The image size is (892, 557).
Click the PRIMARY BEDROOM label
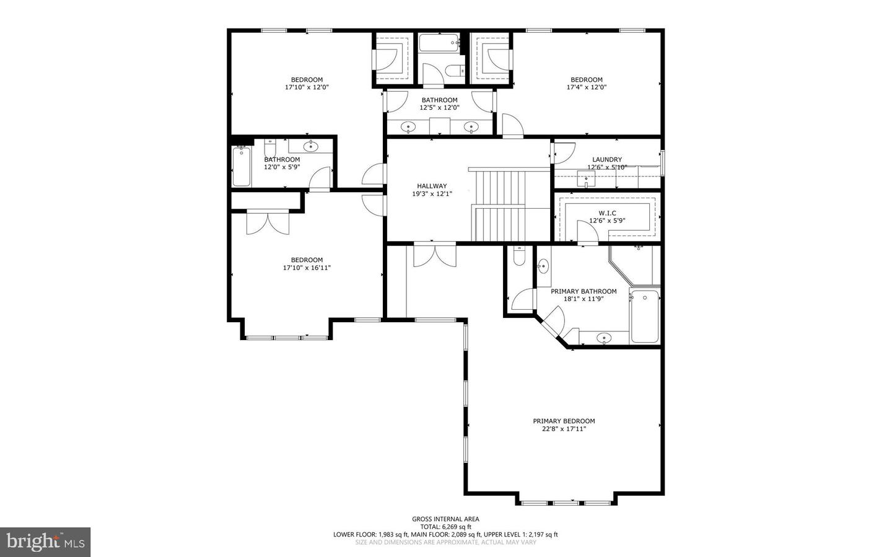564,421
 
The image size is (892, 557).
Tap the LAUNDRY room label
606,159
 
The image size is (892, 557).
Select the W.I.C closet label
607,213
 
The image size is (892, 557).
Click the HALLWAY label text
432,186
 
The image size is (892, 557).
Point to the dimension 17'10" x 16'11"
307,268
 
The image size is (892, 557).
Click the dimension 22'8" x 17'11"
564,429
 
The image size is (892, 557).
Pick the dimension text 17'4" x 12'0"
586,87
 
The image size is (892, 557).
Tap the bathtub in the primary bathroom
645,315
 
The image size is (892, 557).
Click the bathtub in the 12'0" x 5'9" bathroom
242,167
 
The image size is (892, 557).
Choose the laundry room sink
586,182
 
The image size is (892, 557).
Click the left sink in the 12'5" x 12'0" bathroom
408,128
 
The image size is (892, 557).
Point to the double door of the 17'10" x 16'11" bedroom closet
268,222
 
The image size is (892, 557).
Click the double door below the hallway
434,254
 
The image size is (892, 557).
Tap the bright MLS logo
45,542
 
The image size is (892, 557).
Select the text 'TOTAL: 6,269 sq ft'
445,527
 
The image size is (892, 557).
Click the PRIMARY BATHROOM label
584,291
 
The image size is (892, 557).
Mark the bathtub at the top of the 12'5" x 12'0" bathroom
439,43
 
